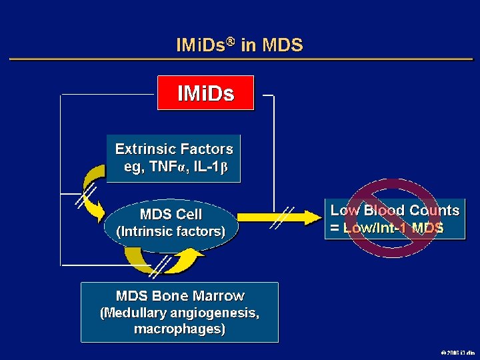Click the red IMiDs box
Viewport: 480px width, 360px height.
point(205,93)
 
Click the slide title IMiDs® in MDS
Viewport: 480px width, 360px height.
point(239,45)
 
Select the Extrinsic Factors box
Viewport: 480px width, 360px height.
point(173,158)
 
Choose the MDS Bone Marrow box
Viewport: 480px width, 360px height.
point(179,312)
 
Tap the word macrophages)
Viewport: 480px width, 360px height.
point(179,329)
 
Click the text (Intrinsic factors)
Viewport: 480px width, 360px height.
point(171,231)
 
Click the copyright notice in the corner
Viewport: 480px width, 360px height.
point(457,352)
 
